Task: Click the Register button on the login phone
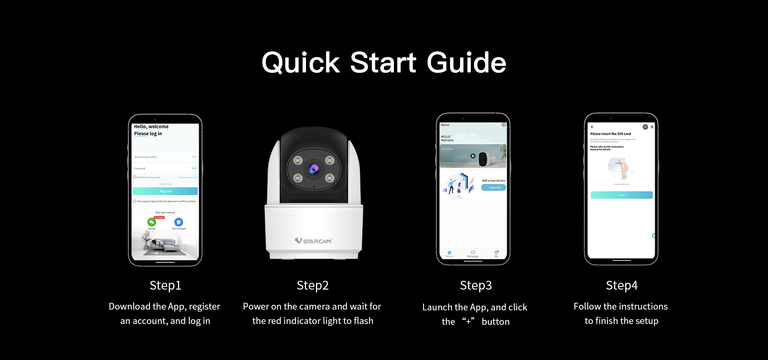[x=165, y=191]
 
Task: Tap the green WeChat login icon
[x=152, y=222]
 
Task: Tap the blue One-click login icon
[x=179, y=222]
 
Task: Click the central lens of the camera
[x=314, y=169]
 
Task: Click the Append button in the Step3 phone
[x=494, y=188]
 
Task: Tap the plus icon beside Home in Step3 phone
[x=504, y=125]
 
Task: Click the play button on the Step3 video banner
[x=473, y=156]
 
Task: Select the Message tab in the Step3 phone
[x=473, y=254]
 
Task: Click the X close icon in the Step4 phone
[x=652, y=127]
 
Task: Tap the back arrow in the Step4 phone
[x=592, y=127]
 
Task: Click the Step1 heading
[x=165, y=285]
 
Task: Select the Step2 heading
[x=313, y=285]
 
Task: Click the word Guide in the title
[x=466, y=63]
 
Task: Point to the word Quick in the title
[x=300, y=63]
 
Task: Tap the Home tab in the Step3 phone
[x=450, y=254]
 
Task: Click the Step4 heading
[x=622, y=285]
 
